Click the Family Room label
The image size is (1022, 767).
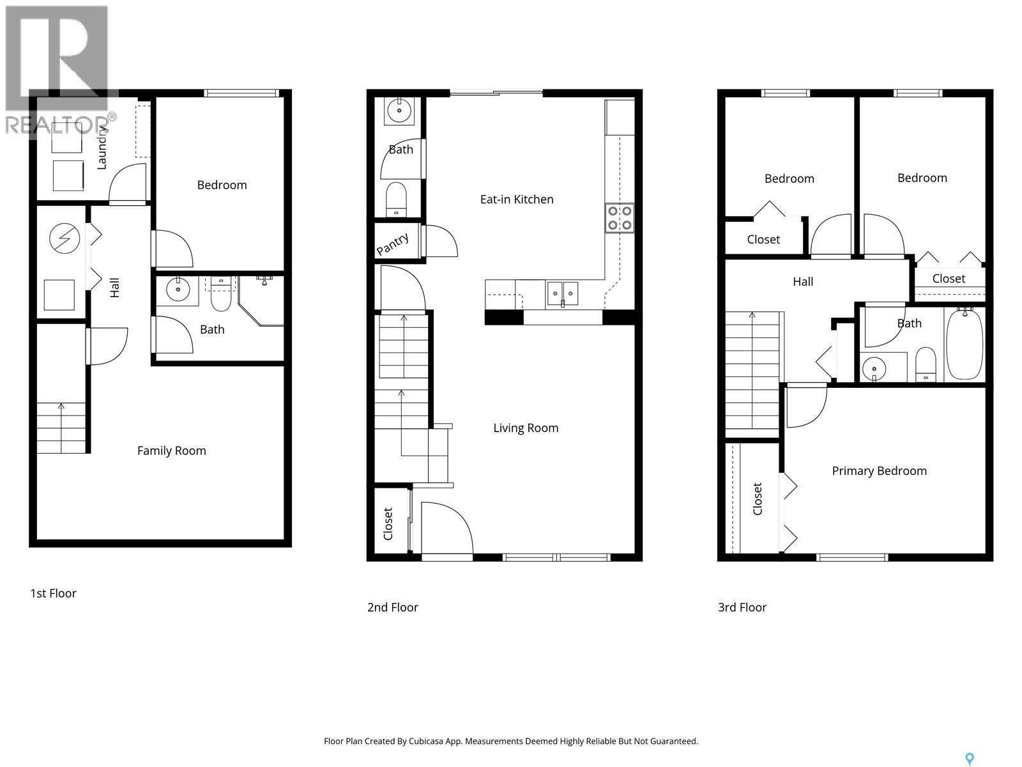(171, 451)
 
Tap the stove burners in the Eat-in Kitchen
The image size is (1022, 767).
(619, 218)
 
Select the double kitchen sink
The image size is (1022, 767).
(562, 293)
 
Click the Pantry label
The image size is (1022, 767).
(393, 244)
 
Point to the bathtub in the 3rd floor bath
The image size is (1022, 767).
(964, 345)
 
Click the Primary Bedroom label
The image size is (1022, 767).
(879, 471)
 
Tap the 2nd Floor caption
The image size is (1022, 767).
(392, 607)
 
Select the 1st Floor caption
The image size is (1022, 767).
(53, 593)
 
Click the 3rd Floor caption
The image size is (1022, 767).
(742, 607)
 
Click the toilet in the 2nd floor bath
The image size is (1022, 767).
(397, 199)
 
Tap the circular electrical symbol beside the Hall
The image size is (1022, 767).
(65, 239)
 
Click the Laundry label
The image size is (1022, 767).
(102, 148)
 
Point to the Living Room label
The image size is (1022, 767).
(525, 428)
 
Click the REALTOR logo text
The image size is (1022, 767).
(61, 124)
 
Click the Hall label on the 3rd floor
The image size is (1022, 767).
(802, 282)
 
